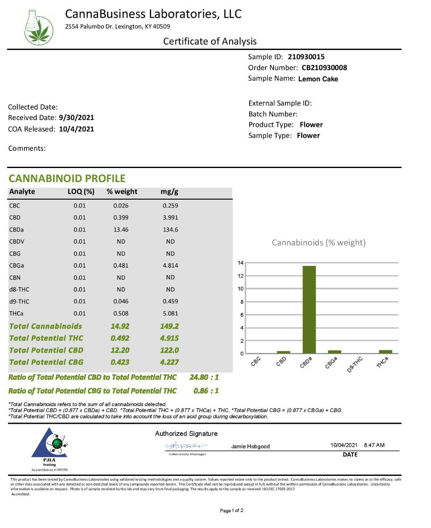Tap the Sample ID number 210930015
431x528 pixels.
306,57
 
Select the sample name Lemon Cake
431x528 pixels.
318,79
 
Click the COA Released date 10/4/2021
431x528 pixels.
76,129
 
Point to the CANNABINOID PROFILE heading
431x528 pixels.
67,179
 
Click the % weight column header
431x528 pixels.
122,192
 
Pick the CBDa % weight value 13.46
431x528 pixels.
121,230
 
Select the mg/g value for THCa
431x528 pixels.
170,313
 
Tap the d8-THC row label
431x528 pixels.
19,289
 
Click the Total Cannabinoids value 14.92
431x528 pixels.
120,326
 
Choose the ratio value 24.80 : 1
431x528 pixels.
204,377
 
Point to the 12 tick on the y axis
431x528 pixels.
241,276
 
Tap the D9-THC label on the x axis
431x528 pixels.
354,364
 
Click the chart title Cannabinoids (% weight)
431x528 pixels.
319,242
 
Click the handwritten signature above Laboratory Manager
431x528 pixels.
186,446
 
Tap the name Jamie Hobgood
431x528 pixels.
250,447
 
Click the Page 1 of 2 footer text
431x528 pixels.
231,511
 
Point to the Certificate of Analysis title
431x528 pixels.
210,41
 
